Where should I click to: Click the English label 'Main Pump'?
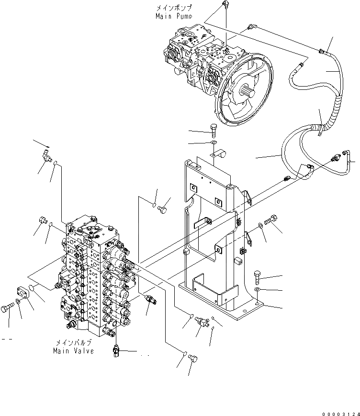174,16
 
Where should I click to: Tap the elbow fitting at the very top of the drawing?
225,6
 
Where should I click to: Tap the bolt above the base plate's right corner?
258,276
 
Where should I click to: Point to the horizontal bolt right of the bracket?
272,220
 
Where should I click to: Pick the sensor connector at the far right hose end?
345,155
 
